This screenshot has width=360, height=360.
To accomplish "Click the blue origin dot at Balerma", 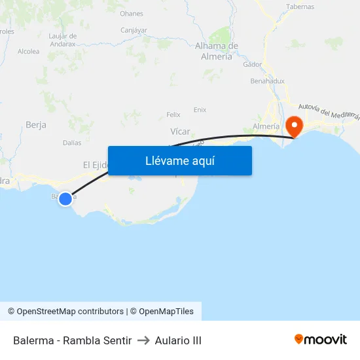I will click(x=65, y=198).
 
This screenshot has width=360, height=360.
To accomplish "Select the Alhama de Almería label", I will click(x=217, y=51).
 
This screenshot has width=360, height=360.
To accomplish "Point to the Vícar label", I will click(x=180, y=132).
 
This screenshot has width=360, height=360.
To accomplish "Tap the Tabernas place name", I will click(x=300, y=7).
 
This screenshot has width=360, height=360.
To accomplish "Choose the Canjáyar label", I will click(x=134, y=30).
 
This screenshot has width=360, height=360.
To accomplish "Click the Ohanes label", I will click(x=132, y=14).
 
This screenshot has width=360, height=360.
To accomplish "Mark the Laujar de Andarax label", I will click(x=63, y=39).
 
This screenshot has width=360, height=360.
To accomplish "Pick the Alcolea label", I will click(x=29, y=52).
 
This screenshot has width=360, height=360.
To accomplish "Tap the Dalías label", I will click(x=72, y=143).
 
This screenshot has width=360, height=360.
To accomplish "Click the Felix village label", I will click(x=173, y=115).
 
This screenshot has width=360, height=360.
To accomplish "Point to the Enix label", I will click(x=200, y=110).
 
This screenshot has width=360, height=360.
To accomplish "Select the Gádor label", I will click(x=252, y=65).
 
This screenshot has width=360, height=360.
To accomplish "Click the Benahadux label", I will click(x=267, y=81).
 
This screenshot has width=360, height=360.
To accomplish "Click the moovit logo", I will click(x=321, y=340).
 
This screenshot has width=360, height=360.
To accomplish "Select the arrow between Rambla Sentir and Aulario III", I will click(x=143, y=340).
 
